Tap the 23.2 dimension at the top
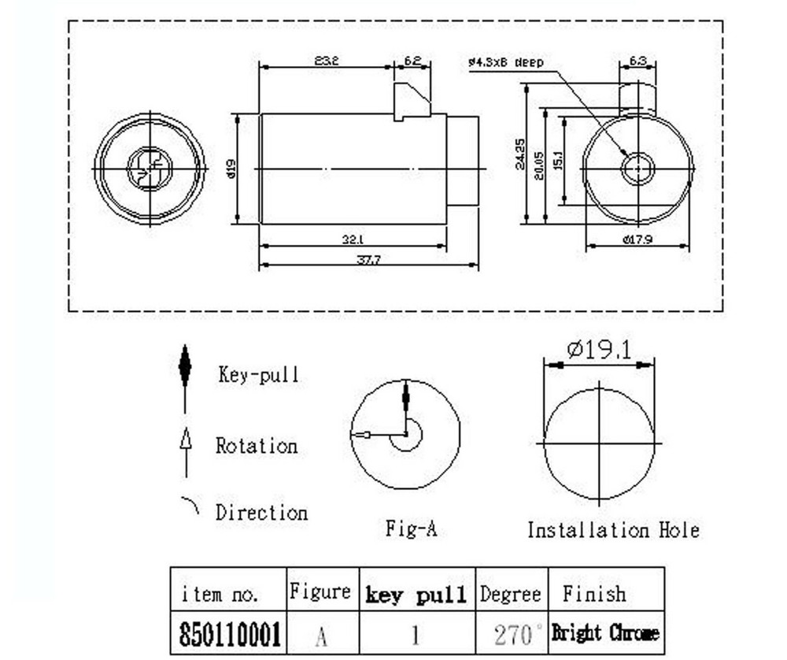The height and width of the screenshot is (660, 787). click(326, 61)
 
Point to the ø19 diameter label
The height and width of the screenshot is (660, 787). click(231, 169)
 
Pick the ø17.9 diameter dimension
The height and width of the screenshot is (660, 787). click(637, 240)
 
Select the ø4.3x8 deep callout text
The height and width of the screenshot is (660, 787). click(505, 61)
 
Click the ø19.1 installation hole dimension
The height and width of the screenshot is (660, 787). click(600, 350)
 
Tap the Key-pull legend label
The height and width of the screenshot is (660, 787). click(259, 375)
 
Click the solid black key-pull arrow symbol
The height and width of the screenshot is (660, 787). click(185, 367)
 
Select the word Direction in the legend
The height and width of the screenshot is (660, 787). click(262, 513)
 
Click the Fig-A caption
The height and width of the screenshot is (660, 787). click(411, 528)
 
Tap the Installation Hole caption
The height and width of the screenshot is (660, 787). click(613, 530)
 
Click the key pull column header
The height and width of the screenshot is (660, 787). click(417, 595)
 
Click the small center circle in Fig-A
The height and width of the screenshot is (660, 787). click(406, 434)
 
